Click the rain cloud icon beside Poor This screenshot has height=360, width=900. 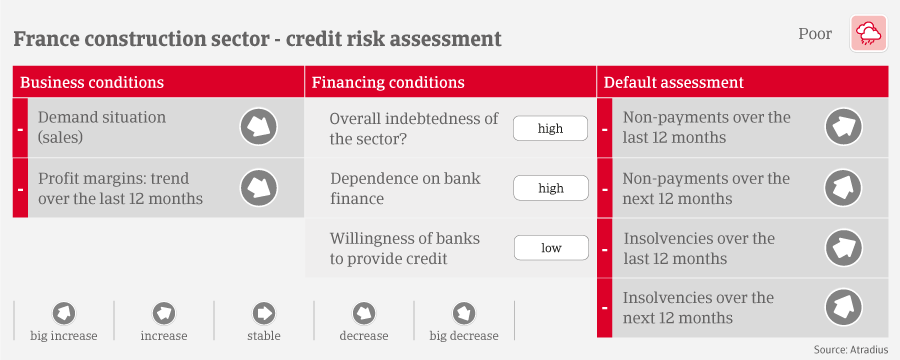click(868, 34)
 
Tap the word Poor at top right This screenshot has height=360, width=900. click(814, 34)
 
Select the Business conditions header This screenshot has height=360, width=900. click(92, 82)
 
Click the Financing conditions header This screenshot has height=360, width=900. click(388, 82)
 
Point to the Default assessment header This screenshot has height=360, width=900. click(673, 82)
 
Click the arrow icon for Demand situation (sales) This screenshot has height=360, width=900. click(258, 127)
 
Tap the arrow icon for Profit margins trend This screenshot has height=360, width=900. click(258, 188)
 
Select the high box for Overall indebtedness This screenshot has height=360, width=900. click(550, 129)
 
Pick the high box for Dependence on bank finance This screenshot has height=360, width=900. click(550, 188)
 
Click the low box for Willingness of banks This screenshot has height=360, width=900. click(550, 248)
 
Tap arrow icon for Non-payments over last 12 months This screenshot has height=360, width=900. click(844, 127)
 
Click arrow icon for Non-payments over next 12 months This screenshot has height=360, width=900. click(844, 188)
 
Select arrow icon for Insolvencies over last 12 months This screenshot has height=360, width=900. click(844, 248)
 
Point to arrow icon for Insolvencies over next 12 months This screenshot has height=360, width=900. click(844, 308)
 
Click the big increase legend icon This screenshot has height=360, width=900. click(64, 313)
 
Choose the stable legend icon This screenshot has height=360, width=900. click(264, 313)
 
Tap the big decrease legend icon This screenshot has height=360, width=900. click(464, 313)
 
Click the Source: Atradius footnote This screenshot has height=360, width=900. click(851, 350)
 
